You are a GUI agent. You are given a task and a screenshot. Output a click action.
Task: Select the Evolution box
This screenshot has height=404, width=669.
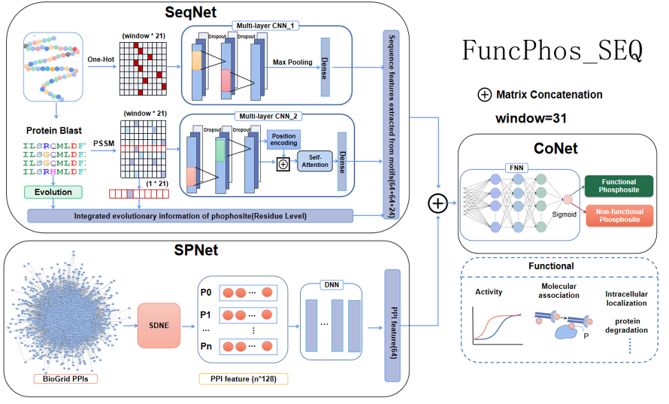[53, 192]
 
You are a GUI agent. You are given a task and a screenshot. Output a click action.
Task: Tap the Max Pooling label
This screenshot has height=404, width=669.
[292, 62]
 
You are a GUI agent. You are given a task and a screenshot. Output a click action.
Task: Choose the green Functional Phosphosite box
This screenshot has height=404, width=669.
[619, 186]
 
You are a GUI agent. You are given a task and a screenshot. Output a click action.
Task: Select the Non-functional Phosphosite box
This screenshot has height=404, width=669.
[619, 216]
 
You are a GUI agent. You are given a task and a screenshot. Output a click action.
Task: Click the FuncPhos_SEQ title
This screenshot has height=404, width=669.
[552, 50]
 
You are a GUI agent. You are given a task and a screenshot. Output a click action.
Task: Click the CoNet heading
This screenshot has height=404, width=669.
[555, 148]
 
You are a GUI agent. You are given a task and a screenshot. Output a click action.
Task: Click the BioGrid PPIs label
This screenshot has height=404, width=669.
[64, 378]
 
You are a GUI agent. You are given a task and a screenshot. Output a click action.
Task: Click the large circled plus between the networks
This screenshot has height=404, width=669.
[438, 202]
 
